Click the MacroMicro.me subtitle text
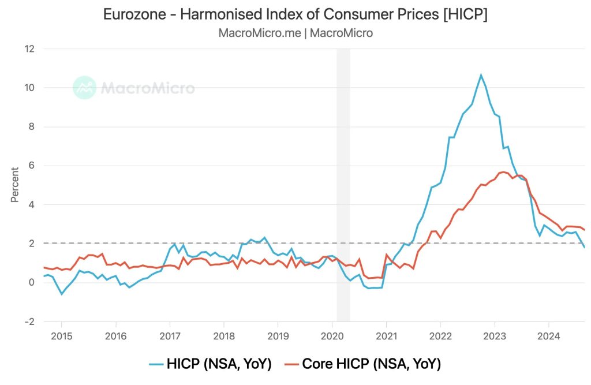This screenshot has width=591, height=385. point(260,33)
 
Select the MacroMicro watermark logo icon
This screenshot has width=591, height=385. point(84,88)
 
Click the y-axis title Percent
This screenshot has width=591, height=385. point(14,185)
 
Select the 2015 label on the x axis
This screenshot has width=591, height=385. point(61,336)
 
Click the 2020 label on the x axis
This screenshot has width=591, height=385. point(332,336)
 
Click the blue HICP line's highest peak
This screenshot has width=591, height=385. point(481,75)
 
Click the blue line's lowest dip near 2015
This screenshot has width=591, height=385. point(62,294)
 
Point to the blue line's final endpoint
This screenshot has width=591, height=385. point(584,247)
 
